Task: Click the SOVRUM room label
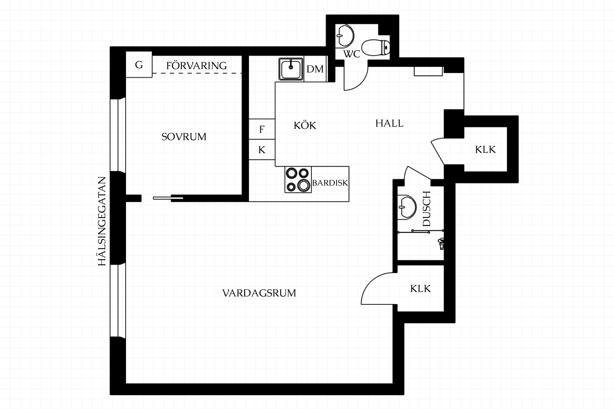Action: click(184, 137)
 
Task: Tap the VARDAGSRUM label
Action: click(259, 293)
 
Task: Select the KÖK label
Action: click(305, 125)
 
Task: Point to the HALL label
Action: click(389, 123)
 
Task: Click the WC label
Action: click(352, 54)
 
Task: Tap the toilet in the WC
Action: click(376, 48)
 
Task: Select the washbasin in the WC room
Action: click(345, 36)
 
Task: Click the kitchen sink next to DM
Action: click(291, 69)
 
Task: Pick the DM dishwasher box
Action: click(315, 69)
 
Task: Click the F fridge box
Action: click(262, 129)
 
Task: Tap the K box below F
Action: click(262, 150)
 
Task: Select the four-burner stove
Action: click(298, 180)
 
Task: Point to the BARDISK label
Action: click(330, 183)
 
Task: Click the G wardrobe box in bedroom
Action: click(139, 65)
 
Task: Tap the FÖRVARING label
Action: click(196, 66)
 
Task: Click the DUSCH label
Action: click(427, 209)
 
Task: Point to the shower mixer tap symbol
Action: click(441, 243)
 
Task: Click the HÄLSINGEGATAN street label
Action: click(102, 221)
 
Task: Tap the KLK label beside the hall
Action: click(485, 150)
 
